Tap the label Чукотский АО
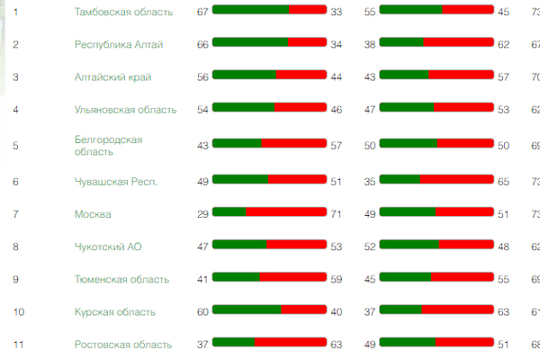coord(109,246)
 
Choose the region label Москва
coord(93,214)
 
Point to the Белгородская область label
coord(108,146)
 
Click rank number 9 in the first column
coord(15,279)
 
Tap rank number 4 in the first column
coord(15,110)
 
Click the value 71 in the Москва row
coord(337,213)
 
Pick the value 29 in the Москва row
coord(202,213)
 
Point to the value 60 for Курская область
coord(202,311)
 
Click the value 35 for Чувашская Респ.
coord(370,181)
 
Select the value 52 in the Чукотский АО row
coord(370,246)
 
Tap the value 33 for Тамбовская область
coord(337,12)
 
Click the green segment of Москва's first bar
coord(229,212)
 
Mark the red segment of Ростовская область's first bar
coord(291,343)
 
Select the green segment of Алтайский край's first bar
coord(244,76)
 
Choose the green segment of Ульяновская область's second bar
coord(407,109)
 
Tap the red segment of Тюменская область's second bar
coord(463,278)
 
